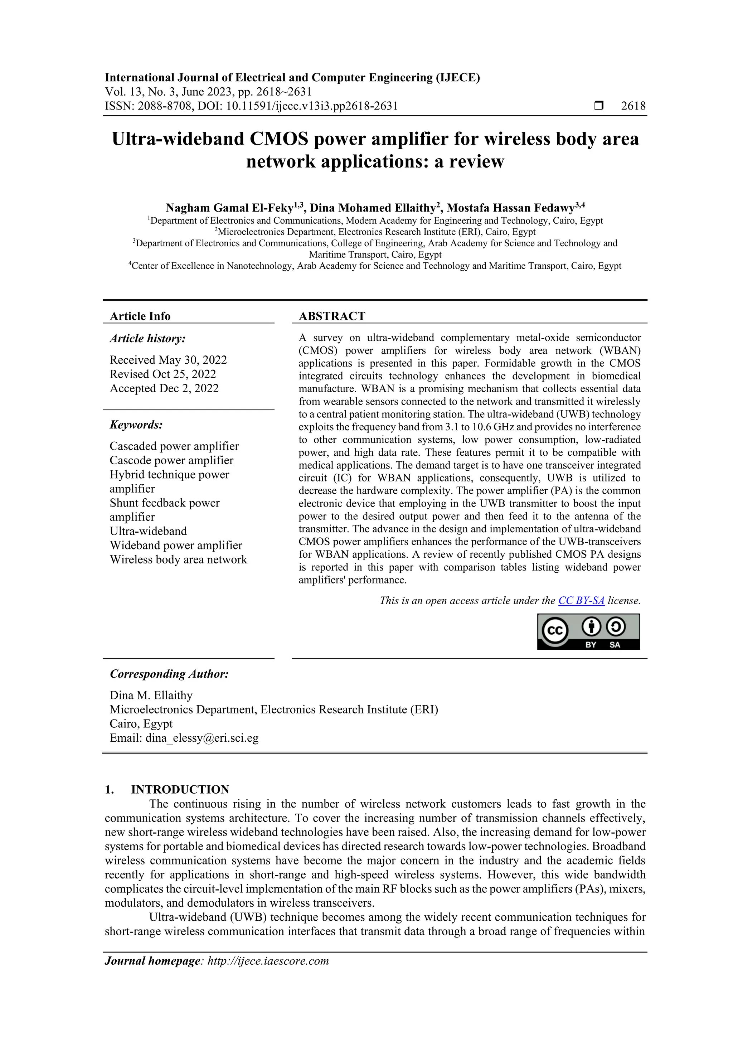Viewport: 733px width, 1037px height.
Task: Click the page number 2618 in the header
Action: (633, 106)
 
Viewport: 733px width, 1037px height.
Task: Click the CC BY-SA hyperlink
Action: (581, 601)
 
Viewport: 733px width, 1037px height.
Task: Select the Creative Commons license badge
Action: (588, 631)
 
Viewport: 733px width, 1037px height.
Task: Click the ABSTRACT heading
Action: (332, 316)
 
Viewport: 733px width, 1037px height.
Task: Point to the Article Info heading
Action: (140, 316)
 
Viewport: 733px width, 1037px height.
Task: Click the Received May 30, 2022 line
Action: (168, 360)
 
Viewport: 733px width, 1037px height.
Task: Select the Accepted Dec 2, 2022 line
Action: (164, 388)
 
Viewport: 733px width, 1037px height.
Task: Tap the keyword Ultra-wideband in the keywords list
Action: (148, 531)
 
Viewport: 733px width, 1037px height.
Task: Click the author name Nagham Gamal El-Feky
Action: (229, 208)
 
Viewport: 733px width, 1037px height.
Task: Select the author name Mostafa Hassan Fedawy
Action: (510, 208)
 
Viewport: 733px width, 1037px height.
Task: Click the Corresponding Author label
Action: (169, 674)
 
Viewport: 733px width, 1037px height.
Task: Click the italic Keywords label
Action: (136, 425)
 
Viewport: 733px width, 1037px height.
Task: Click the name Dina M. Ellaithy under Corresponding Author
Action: (151, 695)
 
